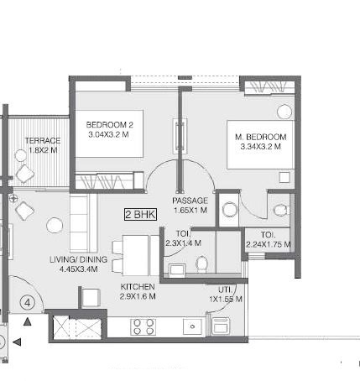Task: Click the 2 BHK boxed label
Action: (x=140, y=214)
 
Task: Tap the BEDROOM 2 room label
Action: (x=110, y=125)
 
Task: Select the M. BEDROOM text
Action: (x=261, y=137)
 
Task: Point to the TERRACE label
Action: (x=43, y=140)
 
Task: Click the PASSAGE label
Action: (x=190, y=201)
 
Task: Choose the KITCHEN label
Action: (x=138, y=287)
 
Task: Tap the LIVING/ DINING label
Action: (x=78, y=259)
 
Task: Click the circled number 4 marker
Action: (x=28, y=303)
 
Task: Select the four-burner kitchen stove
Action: (x=143, y=326)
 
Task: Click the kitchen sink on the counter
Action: (x=192, y=326)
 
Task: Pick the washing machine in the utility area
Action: (x=221, y=326)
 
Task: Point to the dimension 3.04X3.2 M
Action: (x=108, y=134)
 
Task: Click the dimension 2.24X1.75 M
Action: (x=269, y=244)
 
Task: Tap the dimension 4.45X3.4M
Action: (x=78, y=269)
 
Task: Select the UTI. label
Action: (x=225, y=290)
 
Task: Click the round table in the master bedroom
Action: (x=284, y=112)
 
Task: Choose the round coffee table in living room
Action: (x=55, y=225)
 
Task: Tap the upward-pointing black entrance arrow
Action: (x=27, y=321)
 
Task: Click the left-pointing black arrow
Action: (x=17, y=342)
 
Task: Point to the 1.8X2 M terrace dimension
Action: (x=43, y=150)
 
